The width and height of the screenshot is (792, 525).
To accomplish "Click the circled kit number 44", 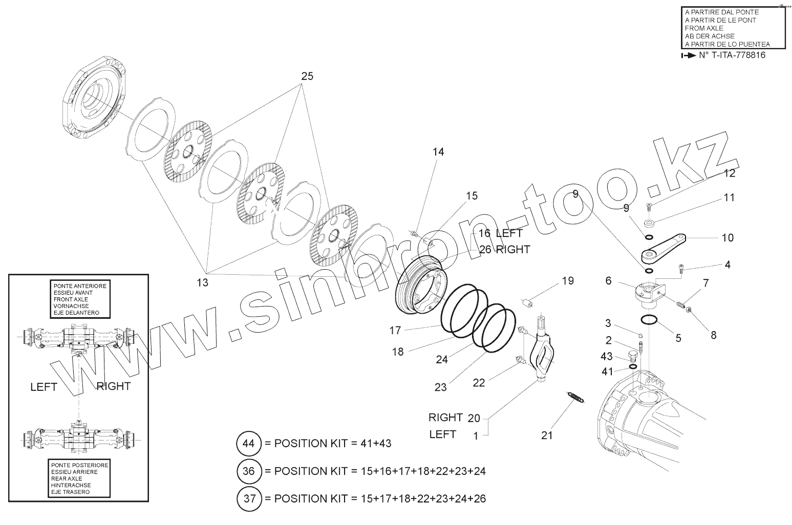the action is tap(248, 443).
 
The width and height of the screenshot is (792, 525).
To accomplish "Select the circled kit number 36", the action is tap(248, 471).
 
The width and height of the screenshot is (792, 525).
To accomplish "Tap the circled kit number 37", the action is tap(248, 498).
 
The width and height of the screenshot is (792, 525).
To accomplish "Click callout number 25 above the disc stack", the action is tap(307, 76).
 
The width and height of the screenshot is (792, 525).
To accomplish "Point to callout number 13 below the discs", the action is tap(203, 282).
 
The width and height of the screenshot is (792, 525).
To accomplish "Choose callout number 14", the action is tap(438, 152).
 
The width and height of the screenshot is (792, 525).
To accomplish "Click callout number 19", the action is tap(568, 280).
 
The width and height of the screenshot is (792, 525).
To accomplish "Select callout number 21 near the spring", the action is tap(547, 435).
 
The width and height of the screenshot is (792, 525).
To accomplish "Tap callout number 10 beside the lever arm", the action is tap(727, 237).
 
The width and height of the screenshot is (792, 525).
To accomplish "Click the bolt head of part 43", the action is tap(633, 356).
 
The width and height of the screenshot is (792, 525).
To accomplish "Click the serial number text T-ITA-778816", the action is tap(732, 55).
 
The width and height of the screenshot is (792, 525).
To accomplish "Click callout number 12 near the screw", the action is tap(729, 173).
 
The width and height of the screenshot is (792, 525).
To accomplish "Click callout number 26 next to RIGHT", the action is tap(485, 250).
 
